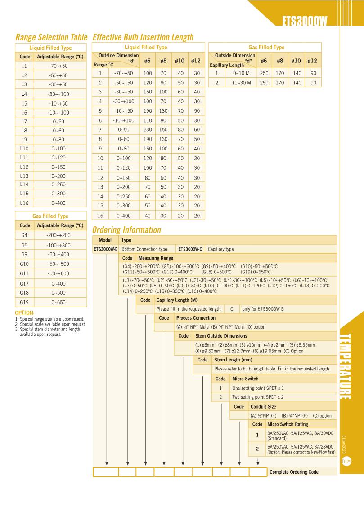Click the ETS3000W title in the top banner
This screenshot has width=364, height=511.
(x=305, y=21)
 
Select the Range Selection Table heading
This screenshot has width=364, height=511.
(x=51, y=37)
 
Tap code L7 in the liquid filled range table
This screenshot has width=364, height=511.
(x=24, y=121)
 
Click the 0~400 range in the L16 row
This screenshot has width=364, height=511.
(x=59, y=203)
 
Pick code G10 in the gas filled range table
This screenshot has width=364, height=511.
(x=24, y=264)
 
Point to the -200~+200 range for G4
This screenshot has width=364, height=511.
(x=58, y=235)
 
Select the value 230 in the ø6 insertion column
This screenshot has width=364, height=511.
(x=148, y=129)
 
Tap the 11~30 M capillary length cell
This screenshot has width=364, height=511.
(x=241, y=83)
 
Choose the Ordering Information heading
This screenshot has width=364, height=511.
(x=126, y=230)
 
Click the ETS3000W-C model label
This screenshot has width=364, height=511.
(x=191, y=249)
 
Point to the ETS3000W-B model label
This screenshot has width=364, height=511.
(x=105, y=249)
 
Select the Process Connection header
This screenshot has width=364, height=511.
(x=196, y=318)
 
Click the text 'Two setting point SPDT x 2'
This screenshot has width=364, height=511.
(x=258, y=397)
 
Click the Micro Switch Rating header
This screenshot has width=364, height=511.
(x=288, y=424)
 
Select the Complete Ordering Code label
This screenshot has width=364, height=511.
(x=294, y=472)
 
